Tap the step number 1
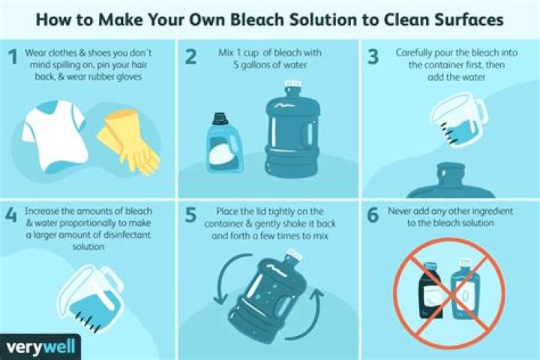(x=13, y=56)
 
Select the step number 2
(x=190, y=56)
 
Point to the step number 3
(x=373, y=56)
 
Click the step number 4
(x=11, y=215)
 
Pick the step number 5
(x=190, y=215)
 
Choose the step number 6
(x=373, y=215)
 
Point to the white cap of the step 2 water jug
(x=293, y=85)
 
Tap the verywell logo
(x=40, y=347)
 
